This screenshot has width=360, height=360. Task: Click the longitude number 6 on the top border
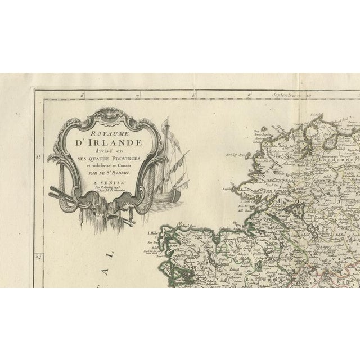(82, 96)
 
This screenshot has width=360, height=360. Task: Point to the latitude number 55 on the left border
(38, 157)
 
